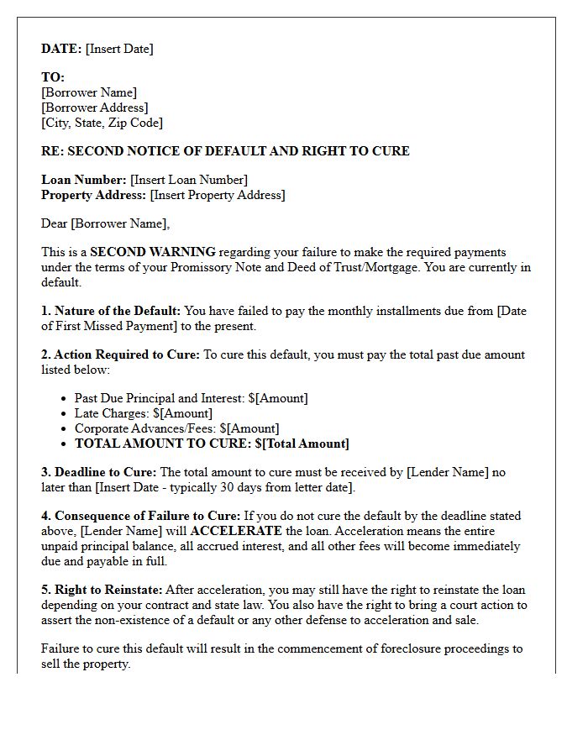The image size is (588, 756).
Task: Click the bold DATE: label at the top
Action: (61, 49)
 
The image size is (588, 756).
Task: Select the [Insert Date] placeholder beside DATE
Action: (119, 49)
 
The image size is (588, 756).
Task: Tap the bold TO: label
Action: (53, 77)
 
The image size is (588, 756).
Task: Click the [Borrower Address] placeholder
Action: (94, 108)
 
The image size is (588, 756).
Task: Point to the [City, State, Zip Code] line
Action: (102, 123)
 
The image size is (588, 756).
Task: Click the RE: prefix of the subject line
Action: (52, 151)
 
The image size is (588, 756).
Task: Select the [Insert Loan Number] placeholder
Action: (189, 180)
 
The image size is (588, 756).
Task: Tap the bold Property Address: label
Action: (93, 195)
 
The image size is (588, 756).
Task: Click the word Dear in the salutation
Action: (55, 223)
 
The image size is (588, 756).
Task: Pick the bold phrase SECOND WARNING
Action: (153, 252)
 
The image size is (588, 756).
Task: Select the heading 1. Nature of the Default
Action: (111, 311)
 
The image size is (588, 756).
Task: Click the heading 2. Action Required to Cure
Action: (120, 354)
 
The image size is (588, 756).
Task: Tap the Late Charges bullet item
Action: (144, 413)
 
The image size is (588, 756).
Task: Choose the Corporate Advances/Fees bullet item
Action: (176, 428)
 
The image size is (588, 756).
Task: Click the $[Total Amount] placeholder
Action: (302, 444)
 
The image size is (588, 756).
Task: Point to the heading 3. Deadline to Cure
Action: (98, 472)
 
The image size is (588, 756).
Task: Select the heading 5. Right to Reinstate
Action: (102, 590)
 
